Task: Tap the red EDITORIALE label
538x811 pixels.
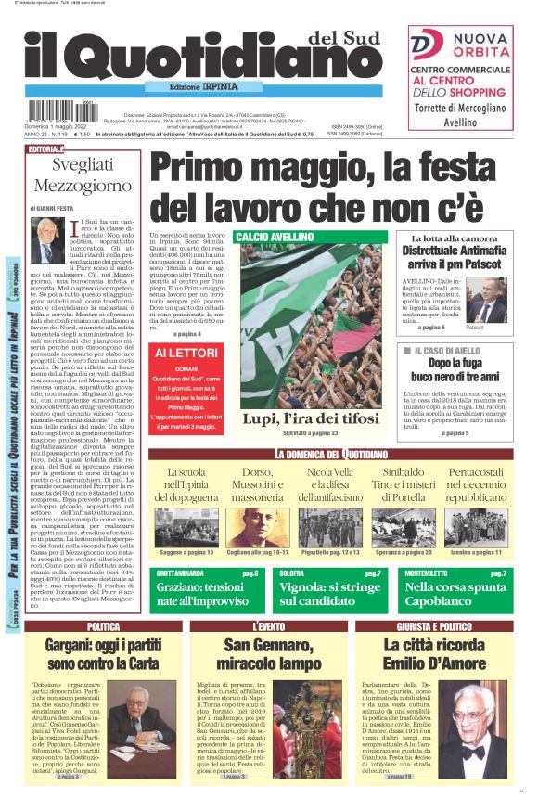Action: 46,149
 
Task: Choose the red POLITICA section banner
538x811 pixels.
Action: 102,627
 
